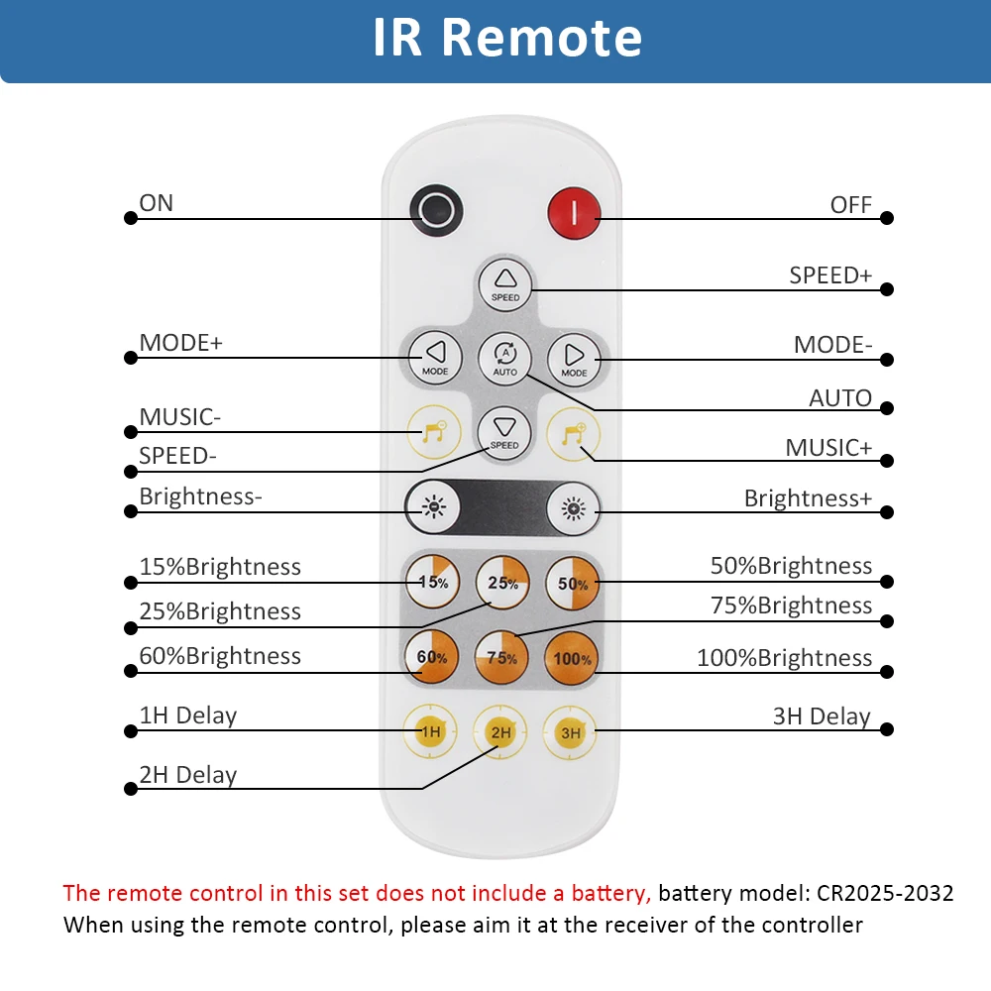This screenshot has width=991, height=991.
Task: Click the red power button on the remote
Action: coord(574,213)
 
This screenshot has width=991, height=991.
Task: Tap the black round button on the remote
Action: coord(436,210)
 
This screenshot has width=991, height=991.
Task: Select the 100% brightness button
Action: coord(572,659)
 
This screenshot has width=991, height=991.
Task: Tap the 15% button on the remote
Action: coord(433,582)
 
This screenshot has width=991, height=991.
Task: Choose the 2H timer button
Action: coord(499,732)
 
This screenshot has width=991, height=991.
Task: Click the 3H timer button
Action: coord(570,732)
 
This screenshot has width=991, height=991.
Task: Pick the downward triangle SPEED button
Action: coord(504,433)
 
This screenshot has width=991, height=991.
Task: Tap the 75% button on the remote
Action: coord(501,658)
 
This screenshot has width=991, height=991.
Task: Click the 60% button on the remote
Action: coord(432,657)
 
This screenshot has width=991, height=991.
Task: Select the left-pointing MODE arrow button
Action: coord(435,358)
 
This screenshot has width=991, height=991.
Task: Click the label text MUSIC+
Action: coord(828,448)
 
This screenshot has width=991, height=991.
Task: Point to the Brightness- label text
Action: coord(200,496)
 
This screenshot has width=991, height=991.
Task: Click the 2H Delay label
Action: coord(187,775)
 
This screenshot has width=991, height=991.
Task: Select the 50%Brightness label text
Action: coord(791,566)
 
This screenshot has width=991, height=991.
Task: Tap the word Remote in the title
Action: coord(542,38)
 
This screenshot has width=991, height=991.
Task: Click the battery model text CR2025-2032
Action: coord(885,893)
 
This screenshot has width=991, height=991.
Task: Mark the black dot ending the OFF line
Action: coord(887,218)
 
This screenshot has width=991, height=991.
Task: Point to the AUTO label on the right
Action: coord(840,398)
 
